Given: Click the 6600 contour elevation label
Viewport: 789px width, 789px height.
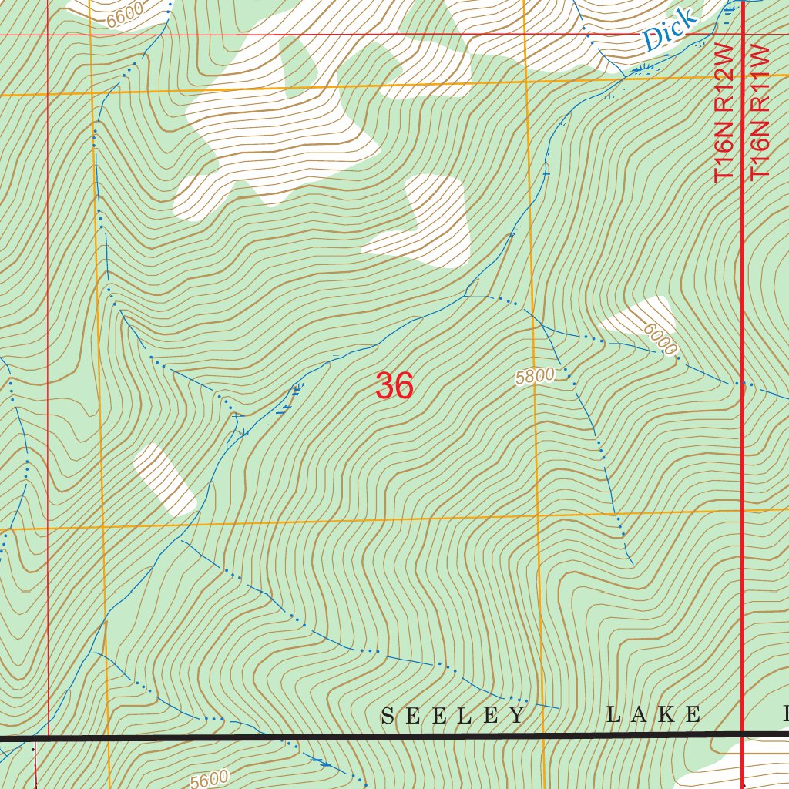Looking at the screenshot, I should coord(125,15).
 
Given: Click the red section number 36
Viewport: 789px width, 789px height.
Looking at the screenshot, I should coord(394,386).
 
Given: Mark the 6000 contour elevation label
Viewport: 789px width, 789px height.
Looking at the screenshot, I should coord(661,340).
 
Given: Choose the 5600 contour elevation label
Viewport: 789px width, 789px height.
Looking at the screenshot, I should coord(210,780).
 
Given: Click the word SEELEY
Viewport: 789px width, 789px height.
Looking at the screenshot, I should coord(454,716).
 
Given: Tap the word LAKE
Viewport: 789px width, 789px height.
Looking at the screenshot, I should coord(653,715).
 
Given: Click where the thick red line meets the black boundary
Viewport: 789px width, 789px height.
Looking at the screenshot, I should coord(743,736).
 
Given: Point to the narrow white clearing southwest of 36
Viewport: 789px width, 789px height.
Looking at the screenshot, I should coord(165,480).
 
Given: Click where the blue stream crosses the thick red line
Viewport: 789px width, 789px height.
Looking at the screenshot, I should coord(743,383).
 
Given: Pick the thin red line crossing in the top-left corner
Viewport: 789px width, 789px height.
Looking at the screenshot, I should coord(48,35).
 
